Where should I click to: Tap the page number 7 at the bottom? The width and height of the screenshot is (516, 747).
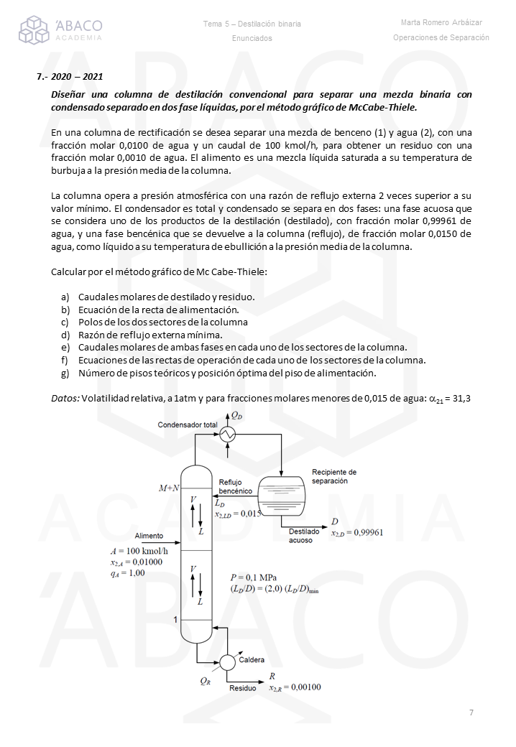click(x=471, y=713)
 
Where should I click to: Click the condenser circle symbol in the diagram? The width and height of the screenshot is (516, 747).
click(x=229, y=434)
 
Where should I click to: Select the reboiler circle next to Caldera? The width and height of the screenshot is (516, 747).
click(x=228, y=662)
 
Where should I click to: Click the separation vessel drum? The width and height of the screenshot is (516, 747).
click(x=281, y=496)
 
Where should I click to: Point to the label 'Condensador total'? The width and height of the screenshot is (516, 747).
click(x=188, y=425)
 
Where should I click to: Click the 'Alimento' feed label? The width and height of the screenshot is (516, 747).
click(x=149, y=536)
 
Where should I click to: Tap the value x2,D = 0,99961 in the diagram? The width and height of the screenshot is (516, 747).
click(x=357, y=533)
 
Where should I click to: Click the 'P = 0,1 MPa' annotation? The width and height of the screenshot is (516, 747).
click(x=254, y=577)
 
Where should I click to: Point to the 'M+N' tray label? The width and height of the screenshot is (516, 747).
click(x=169, y=488)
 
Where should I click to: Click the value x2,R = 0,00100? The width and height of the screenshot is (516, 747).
click(x=295, y=687)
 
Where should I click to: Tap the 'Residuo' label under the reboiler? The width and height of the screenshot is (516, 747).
click(x=242, y=688)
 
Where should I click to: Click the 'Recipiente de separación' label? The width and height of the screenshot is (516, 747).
click(x=334, y=476)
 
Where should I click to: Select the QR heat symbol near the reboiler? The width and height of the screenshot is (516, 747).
click(x=206, y=681)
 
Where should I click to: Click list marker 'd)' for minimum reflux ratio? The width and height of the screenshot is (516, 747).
click(x=65, y=335)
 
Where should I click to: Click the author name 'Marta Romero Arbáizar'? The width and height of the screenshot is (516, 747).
click(x=441, y=23)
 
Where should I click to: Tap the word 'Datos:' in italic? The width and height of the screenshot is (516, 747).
click(x=65, y=398)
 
